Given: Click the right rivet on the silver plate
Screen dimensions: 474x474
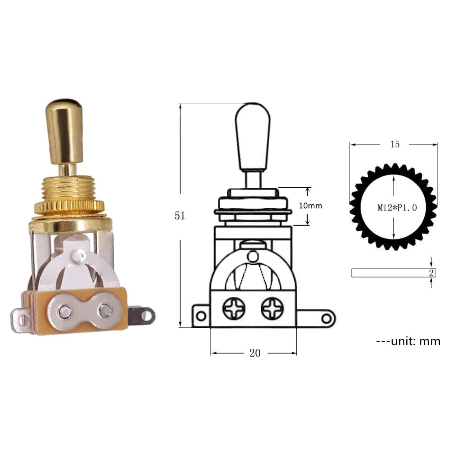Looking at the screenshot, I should [104, 311].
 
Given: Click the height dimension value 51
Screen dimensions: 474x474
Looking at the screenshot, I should [180, 216].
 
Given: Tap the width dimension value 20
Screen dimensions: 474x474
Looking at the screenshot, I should [255, 354].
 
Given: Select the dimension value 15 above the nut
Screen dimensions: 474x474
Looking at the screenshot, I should [395, 144].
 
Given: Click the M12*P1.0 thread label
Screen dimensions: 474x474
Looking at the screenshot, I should [397, 208].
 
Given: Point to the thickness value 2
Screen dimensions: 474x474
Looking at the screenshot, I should [431, 273].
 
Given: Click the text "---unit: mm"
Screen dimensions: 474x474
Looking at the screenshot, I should [408, 341].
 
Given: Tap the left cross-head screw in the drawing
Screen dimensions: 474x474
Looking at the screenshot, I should [235, 309].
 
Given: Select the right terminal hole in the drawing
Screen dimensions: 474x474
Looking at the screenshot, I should [327, 318].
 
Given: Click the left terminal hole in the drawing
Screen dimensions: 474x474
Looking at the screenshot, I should [201, 316].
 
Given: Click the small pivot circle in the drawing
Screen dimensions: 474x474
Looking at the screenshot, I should [253, 256].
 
